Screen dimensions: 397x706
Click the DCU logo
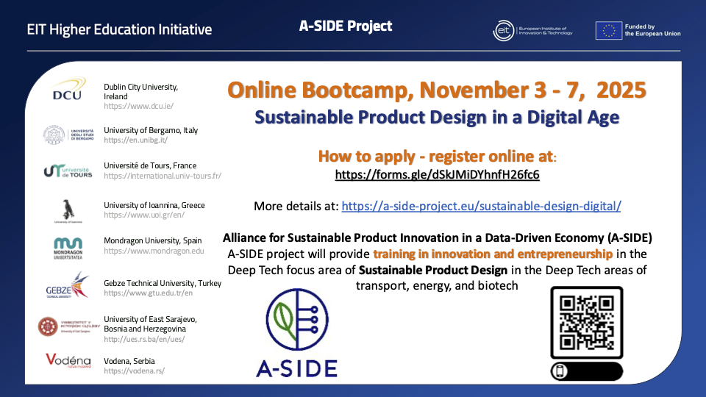click(67, 90)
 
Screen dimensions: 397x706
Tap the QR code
click(586, 322)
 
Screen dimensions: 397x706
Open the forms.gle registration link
click(438, 175)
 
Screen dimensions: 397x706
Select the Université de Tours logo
click(67, 171)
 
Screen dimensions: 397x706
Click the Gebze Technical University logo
click(67, 285)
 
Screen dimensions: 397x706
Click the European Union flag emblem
click(608, 30)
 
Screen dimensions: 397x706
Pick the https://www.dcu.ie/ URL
click(138, 106)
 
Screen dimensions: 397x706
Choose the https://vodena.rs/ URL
click(135, 371)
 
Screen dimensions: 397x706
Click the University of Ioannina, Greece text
click(154, 205)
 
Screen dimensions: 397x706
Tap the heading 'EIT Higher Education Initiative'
click(119, 30)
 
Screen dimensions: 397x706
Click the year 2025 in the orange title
click(621, 90)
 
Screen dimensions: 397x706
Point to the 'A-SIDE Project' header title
click(346, 26)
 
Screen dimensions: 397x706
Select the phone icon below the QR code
click(560, 371)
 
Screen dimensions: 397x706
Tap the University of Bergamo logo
click(67, 135)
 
